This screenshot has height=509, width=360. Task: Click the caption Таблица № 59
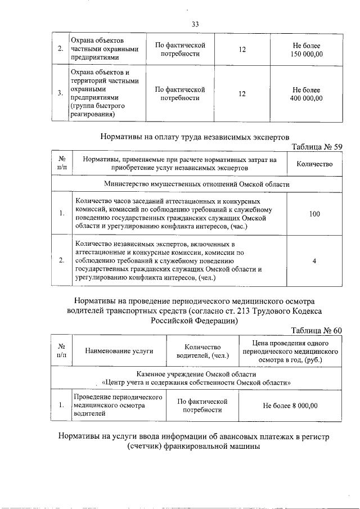click(x=316, y=147)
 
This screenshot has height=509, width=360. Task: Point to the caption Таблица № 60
click(x=316, y=330)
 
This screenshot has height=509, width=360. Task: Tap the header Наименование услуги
click(x=119, y=351)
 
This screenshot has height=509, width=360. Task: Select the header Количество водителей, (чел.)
click(x=202, y=351)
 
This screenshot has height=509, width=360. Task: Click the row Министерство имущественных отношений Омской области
click(x=197, y=184)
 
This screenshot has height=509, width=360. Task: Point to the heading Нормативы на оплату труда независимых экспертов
click(x=195, y=136)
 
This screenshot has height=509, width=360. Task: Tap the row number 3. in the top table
click(x=60, y=94)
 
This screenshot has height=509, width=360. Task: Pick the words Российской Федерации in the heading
click(x=194, y=321)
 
